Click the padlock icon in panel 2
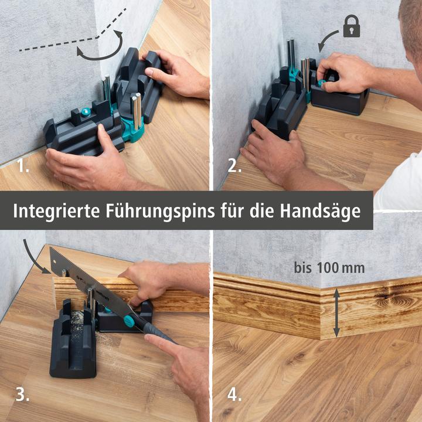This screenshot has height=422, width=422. tap(352, 27)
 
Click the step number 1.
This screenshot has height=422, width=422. tap(23, 166)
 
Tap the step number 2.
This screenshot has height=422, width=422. tap(234, 166)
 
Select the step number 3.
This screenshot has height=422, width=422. tap(22, 394)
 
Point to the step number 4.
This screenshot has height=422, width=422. tap(234, 394)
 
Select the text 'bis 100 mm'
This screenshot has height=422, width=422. tap(329, 268)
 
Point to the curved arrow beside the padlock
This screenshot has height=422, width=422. tap(325, 42)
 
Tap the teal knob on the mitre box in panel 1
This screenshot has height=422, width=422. tap(86, 112)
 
